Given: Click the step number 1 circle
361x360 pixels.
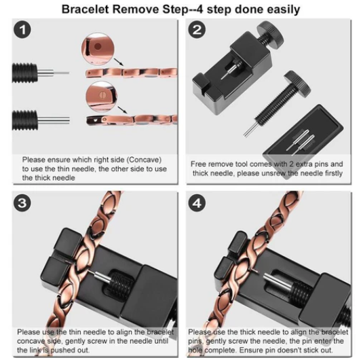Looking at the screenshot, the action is point(22,30).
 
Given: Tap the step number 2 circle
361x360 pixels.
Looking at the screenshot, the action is point(197,30).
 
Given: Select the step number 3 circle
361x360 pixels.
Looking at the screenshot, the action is point(22,203).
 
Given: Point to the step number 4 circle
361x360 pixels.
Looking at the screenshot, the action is point(197,203).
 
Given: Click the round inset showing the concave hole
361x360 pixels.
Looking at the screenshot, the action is point(98,49).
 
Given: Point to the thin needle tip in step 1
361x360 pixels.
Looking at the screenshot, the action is point(69,73).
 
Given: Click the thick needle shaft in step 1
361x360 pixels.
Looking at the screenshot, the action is point(53,120).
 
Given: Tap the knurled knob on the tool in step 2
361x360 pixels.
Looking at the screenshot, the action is point(270,35).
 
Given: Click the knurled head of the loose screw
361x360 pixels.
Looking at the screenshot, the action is point(297,84).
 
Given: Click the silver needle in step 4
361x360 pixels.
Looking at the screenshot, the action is point(275,281).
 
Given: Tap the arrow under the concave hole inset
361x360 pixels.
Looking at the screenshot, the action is point(119,62).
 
